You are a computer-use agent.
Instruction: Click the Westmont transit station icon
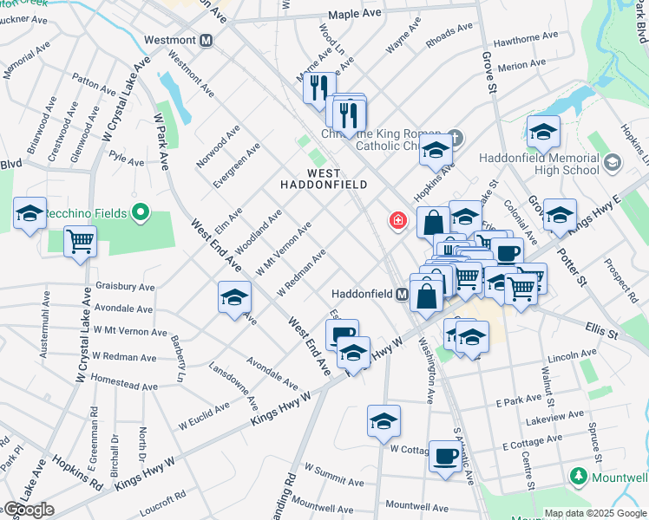tap(206, 40)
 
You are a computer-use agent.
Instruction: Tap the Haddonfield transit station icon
tap(403, 294)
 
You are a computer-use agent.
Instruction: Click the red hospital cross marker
tap(398, 221)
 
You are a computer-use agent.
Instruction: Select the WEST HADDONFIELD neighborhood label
tap(324, 179)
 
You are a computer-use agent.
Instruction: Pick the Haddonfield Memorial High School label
tap(538, 164)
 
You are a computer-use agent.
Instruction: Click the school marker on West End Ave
tap(234, 298)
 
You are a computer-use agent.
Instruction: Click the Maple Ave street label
tap(355, 15)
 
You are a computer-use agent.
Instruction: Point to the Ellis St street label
tap(600, 332)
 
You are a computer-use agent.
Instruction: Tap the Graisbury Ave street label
tap(126, 287)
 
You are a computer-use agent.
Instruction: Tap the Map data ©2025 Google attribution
tap(595, 513)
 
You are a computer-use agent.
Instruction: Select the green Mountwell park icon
tap(579, 477)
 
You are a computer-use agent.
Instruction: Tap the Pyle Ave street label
tap(127, 160)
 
